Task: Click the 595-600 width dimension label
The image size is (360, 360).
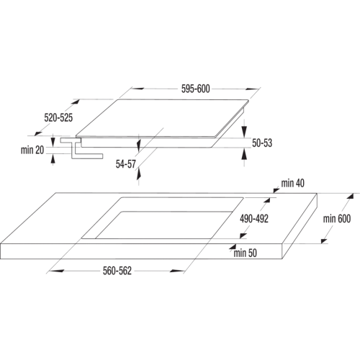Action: [x=195, y=89]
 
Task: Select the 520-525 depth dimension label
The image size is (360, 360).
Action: [x=58, y=118]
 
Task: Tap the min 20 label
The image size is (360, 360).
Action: [x=32, y=150]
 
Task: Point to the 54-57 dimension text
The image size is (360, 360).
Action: [x=126, y=164]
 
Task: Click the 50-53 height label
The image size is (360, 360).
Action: [x=262, y=143]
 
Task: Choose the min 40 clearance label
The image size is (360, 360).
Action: [x=292, y=184]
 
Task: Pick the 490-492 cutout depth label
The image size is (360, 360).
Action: [x=254, y=219]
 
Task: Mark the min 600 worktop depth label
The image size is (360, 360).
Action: [x=337, y=219]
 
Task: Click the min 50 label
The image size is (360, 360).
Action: [x=245, y=253]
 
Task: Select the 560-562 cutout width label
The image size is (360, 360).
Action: [x=117, y=271]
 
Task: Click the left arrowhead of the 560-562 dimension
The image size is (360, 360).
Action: [x=56, y=271]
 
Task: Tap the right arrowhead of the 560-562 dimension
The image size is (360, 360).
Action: [x=177, y=271]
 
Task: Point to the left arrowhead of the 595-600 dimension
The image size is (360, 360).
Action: [x=138, y=89]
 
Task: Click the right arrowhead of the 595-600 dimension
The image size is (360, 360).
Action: [x=252, y=89]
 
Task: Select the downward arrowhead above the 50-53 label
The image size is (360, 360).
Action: [x=244, y=132]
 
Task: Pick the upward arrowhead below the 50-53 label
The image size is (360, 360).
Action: [x=244, y=154]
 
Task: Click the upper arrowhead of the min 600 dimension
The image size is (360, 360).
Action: [x=351, y=197]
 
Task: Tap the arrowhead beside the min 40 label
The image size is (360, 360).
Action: [x=276, y=190]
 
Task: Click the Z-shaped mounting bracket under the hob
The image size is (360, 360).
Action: [x=81, y=148]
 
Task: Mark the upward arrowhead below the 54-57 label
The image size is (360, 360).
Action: [x=138, y=174]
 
